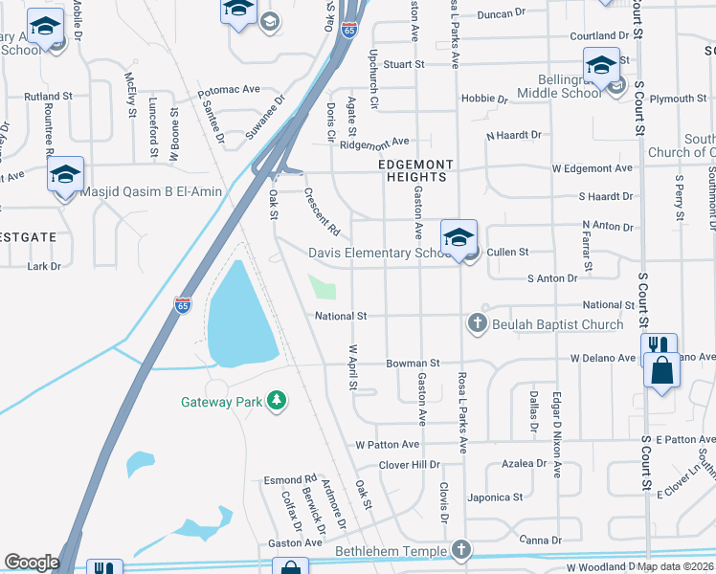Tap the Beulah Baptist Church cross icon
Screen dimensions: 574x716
tap(478, 324)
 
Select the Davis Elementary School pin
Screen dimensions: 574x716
tap(459, 236)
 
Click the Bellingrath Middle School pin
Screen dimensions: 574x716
tap(601, 67)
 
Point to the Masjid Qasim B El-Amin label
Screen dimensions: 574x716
tap(151, 191)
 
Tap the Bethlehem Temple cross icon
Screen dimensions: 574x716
tap(461, 550)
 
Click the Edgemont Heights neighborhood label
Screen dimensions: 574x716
tap(412, 170)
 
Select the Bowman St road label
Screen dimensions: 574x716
tap(413, 364)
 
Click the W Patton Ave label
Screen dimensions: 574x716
tap(388, 445)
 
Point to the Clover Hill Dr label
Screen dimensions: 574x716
tap(409, 465)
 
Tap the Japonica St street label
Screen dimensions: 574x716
tap(495, 497)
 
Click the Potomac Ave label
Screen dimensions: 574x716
tap(229, 92)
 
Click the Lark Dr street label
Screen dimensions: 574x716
tap(44, 266)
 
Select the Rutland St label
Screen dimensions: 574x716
tap(48, 97)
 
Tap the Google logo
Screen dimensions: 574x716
tap(32, 563)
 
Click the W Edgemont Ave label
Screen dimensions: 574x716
tap(592, 168)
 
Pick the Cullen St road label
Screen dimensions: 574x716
tap(508, 252)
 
